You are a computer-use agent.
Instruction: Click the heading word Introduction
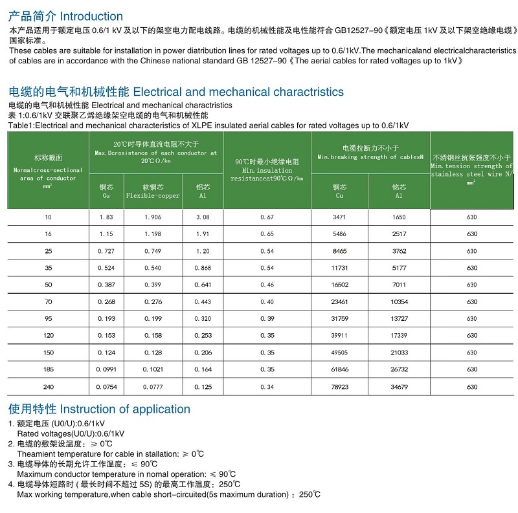[x=91, y=16]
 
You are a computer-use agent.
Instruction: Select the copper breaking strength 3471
[x=339, y=217]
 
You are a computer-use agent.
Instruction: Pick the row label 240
[x=48, y=387]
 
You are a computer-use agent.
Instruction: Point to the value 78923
[x=339, y=387]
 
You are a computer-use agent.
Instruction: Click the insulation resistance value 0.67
[x=267, y=217]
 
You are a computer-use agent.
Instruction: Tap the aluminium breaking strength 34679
[x=399, y=387]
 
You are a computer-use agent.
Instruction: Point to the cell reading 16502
[x=339, y=285]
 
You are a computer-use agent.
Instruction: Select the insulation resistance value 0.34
[x=267, y=387]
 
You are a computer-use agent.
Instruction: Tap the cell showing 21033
[x=399, y=353]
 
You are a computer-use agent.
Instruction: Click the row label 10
[x=48, y=217]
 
